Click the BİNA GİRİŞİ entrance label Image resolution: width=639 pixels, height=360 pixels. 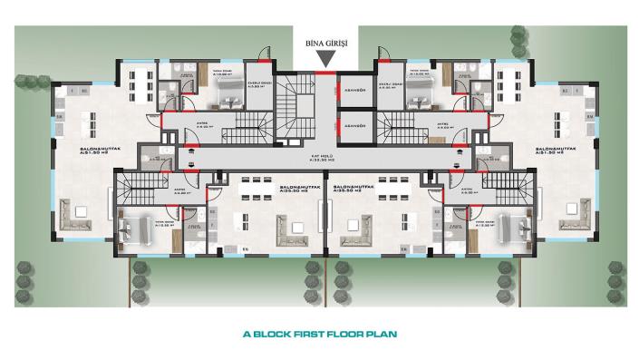coord(325,44)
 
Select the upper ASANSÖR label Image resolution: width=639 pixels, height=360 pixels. coord(352,89)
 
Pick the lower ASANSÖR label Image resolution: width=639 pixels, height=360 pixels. coord(352,124)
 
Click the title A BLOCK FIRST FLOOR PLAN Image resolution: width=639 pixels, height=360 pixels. coord(321,333)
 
